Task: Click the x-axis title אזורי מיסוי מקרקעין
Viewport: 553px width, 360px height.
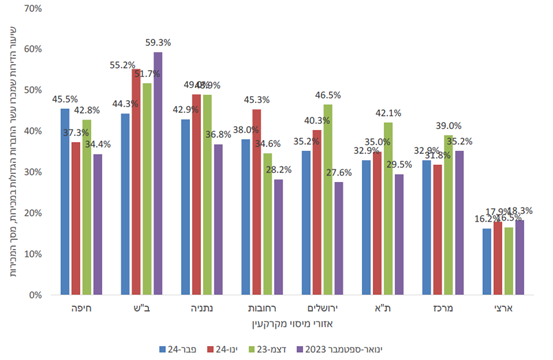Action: point(291,327)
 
